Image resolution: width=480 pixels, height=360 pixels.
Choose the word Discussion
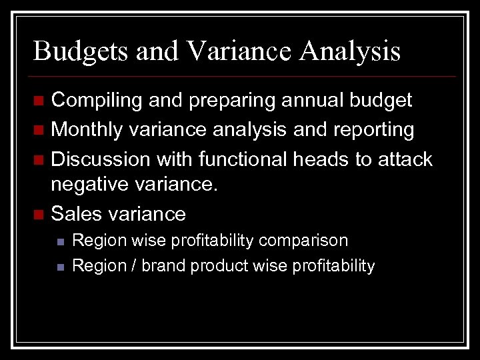(x=99, y=159)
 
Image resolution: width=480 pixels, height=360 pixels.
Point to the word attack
(x=405, y=159)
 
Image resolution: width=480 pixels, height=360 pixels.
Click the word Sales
(x=73, y=214)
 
